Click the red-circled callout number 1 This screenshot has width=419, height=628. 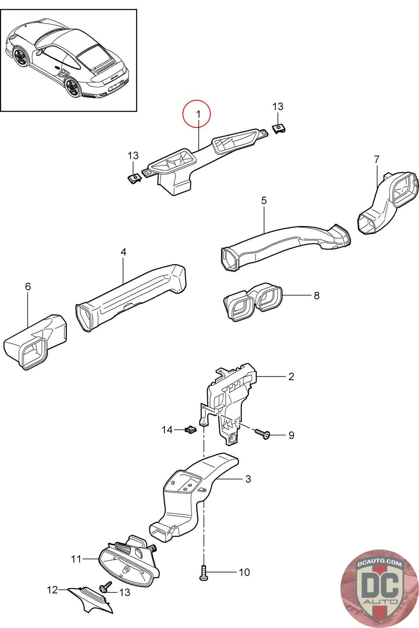(198, 114)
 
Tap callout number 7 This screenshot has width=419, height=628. (377, 159)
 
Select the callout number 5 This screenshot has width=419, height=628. (264, 201)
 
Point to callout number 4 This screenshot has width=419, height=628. (123, 252)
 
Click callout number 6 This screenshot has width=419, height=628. (28, 287)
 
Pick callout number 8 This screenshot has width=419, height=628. (317, 295)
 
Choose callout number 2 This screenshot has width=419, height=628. (291, 377)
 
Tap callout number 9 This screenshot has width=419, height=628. (291, 435)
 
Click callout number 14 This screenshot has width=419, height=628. (167, 430)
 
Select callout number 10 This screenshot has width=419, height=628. (244, 572)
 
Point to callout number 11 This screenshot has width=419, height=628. (76, 559)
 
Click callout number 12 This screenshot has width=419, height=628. (52, 590)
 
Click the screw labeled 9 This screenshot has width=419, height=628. (262, 433)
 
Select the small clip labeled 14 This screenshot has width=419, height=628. (190, 430)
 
